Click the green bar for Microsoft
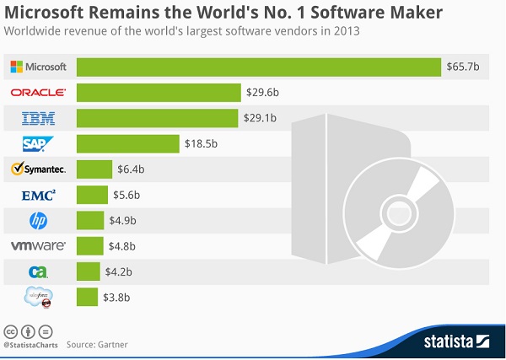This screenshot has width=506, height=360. tap(259, 67)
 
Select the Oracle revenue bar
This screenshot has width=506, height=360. tap(159, 92)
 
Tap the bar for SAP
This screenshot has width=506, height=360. tap(128, 143)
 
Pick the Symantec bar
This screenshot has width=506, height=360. tap(94, 169)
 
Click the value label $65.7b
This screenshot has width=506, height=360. tap(465, 67)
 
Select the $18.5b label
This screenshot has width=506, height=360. tap(202, 143)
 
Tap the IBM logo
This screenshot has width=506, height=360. tap(38, 118)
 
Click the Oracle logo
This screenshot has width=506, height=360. tap(38, 92)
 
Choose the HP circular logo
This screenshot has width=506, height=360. tap(38, 221)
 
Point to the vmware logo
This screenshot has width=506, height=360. tap(38, 246)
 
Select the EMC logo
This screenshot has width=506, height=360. tap(38, 196)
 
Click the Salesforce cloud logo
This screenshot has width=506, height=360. tap(39, 298)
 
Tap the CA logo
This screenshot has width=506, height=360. tap(38, 271)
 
